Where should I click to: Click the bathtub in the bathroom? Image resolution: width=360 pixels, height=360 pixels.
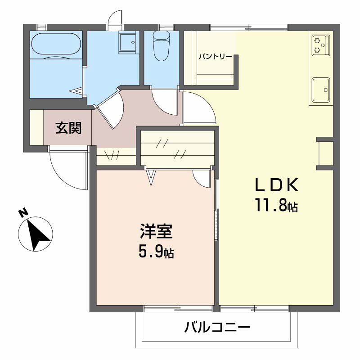point(56,44)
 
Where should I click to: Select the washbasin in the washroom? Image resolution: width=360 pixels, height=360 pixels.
point(128,42)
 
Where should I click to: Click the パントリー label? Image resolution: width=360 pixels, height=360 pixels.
point(216,57)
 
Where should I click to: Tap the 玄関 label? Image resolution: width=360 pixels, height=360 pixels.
point(68,128)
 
